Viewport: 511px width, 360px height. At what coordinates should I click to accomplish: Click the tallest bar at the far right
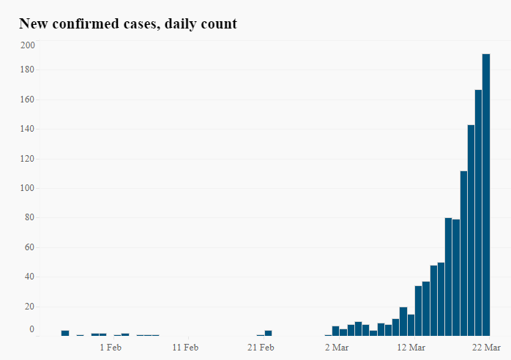(486, 195)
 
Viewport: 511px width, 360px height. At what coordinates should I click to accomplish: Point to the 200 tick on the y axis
(28, 45)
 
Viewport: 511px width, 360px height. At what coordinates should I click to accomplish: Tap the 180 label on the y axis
(28, 70)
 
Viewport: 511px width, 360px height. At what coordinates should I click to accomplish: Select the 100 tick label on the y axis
(28, 188)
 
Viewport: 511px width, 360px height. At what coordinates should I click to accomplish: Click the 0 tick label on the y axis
(31, 330)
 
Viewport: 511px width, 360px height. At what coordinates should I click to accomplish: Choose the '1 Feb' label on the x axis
(110, 347)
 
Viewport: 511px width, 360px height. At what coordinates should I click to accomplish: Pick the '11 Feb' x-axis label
(185, 347)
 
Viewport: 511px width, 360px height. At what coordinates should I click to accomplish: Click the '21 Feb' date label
(261, 347)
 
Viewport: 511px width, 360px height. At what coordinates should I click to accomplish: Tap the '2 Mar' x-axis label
(336, 347)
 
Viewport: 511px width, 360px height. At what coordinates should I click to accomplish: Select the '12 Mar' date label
(411, 347)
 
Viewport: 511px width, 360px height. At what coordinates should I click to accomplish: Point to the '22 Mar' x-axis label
(486, 347)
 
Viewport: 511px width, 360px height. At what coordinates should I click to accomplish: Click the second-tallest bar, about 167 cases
(479, 212)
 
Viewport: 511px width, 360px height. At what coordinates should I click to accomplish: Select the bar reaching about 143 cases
(471, 230)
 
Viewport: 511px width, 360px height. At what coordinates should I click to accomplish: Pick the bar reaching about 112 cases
(463, 253)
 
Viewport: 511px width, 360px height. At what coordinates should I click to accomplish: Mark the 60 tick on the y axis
(30, 247)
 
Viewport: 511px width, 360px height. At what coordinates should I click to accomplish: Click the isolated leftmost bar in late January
(65, 333)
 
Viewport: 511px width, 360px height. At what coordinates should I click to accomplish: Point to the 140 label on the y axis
(28, 129)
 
